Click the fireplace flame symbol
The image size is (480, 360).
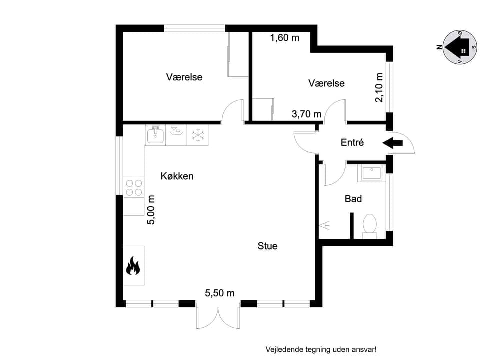click(x=133, y=266)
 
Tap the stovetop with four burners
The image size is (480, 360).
click(x=133, y=187)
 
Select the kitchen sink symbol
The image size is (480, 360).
click(x=155, y=135)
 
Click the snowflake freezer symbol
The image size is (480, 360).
click(x=198, y=135)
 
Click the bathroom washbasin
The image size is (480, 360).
click(x=371, y=173)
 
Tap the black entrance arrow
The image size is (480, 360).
click(x=393, y=143)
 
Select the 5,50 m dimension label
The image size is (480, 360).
click(x=220, y=293)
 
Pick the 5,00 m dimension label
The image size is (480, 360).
click(x=151, y=210)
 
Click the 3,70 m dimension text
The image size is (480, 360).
click(x=307, y=114)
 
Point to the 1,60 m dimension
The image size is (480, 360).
click(x=285, y=38)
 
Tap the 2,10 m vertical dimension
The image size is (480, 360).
click(x=379, y=87)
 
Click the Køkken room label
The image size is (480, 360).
click(x=177, y=176)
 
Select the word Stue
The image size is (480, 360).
click(x=267, y=246)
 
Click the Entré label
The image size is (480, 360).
click(x=352, y=142)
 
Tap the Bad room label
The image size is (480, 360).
click(x=353, y=199)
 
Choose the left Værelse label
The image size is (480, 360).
click(x=184, y=77)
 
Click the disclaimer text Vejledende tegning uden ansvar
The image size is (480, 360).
click(x=321, y=349)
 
